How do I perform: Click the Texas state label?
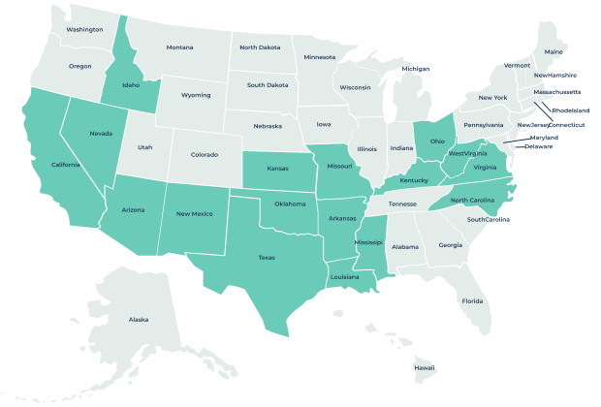(x=267, y=258)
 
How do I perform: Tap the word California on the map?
(x=66, y=165)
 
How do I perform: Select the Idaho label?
(x=131, y=85)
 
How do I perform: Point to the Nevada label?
(x=101, y=134)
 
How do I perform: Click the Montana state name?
(x=179, y=47)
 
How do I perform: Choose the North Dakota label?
(x=260, y=47)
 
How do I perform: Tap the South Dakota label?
(x=267, y=84)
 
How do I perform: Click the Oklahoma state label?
(x=290, y=204)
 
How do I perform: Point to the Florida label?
(x=472, y=300)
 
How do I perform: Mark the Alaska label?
(x=139, y=319)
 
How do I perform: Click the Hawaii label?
(x=425, y=368)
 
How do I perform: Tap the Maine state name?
(x=554, y=51)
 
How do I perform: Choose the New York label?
(x=493, y=97)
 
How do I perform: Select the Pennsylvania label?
(x=484, y=125)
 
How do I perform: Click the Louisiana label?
(x=345, y=276)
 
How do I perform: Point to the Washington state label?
(x=85, y=29)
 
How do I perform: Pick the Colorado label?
(x=205, y=154)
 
